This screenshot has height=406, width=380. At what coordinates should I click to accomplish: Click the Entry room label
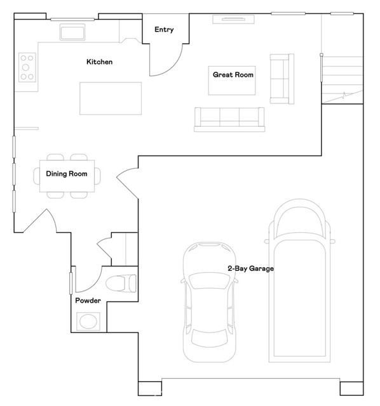point(164,30)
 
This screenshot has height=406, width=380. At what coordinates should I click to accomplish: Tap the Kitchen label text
point(99,62)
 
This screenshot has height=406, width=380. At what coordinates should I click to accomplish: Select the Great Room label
point(233,75)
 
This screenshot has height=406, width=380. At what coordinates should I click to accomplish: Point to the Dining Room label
point(67,174)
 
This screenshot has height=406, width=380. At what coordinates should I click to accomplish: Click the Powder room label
point(88,301)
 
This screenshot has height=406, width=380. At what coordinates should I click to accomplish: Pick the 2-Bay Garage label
point(250,268)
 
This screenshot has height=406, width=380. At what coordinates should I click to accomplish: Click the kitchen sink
point(72,32)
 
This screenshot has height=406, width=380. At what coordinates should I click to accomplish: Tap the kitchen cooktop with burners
point(27,67)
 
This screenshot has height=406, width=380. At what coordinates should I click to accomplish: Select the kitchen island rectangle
point(111,98)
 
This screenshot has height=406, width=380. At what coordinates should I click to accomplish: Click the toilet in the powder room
point(121,284)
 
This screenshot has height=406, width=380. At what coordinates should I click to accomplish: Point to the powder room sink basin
point(88,322)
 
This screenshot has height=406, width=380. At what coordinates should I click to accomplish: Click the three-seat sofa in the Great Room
point(229,119)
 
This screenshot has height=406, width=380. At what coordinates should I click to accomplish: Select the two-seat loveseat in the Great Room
point(282,79)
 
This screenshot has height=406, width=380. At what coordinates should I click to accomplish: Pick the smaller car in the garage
point(209,302)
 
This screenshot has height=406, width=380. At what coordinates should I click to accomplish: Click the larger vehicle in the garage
point(299,280)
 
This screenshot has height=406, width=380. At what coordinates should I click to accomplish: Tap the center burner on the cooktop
point(25,67)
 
